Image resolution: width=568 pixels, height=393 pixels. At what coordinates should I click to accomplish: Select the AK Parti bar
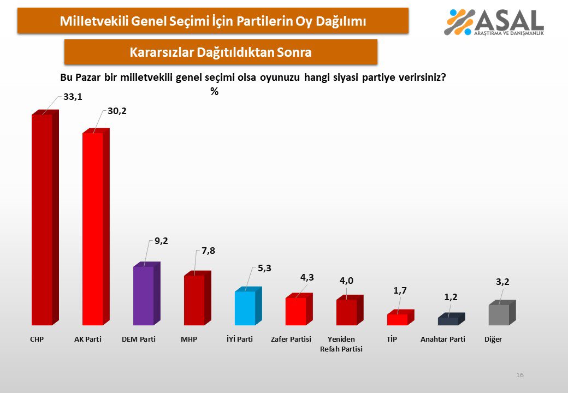coord(93,229)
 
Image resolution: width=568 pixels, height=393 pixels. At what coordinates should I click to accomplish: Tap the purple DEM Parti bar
coord(144,295)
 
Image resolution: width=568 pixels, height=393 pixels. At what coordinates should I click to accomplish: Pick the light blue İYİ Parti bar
coord(245,308)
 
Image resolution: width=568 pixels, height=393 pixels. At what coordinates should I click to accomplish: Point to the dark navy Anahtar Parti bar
coord(448,321)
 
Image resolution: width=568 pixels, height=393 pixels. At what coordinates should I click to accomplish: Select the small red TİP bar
coord(397,319)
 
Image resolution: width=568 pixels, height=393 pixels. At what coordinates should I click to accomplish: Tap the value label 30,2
coord(116,111)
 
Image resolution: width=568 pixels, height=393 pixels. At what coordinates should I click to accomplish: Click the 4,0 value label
coord(347,281)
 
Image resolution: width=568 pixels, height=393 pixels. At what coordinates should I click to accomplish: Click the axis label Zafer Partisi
coord(291,340)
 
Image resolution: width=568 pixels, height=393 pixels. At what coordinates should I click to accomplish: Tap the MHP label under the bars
coord(188,340)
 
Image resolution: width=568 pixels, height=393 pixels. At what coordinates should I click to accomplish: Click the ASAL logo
coord(495,22)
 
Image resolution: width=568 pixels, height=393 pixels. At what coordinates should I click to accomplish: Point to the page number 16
coord(520,375)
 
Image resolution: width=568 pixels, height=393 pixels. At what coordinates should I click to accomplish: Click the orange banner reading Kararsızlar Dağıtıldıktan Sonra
coord(221,52)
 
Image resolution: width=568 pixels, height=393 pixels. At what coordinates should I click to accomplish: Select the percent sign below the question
coord(214,92)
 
